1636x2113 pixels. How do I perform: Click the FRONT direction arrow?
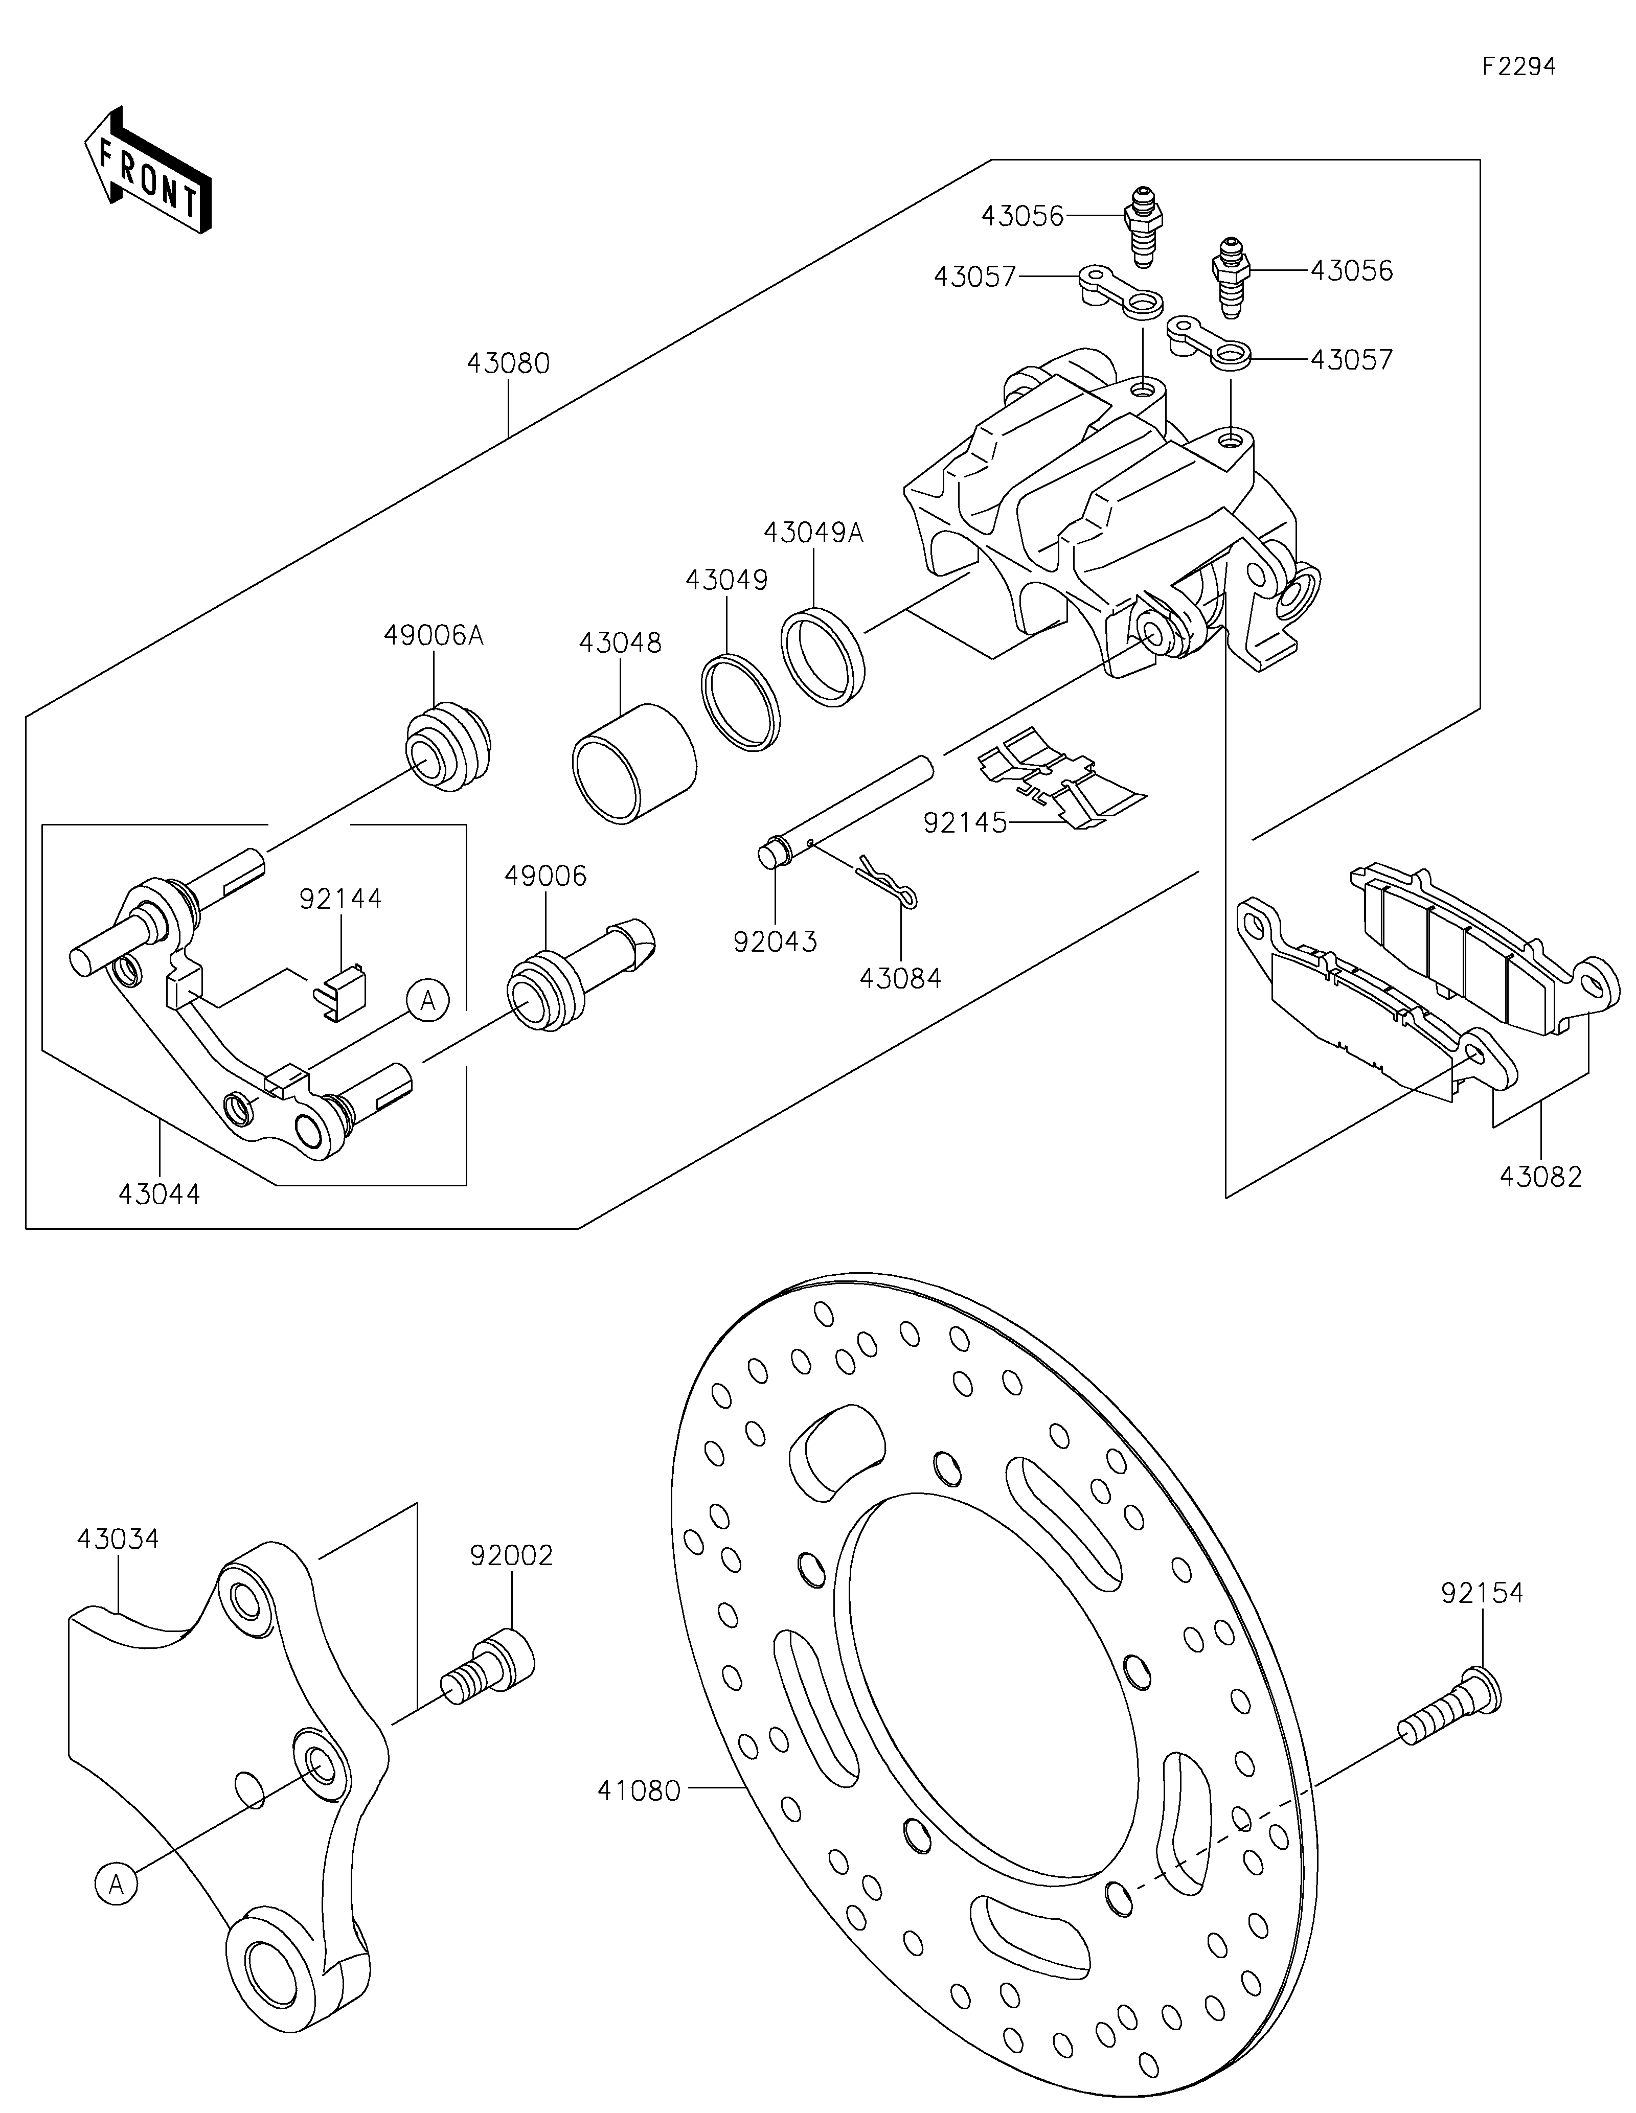click(x=148, y=169)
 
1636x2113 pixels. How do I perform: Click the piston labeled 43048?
click(x=634, y=764)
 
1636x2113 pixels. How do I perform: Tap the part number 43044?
click(x=160, y=1194)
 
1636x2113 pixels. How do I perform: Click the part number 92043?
click(x=775, y=941)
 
